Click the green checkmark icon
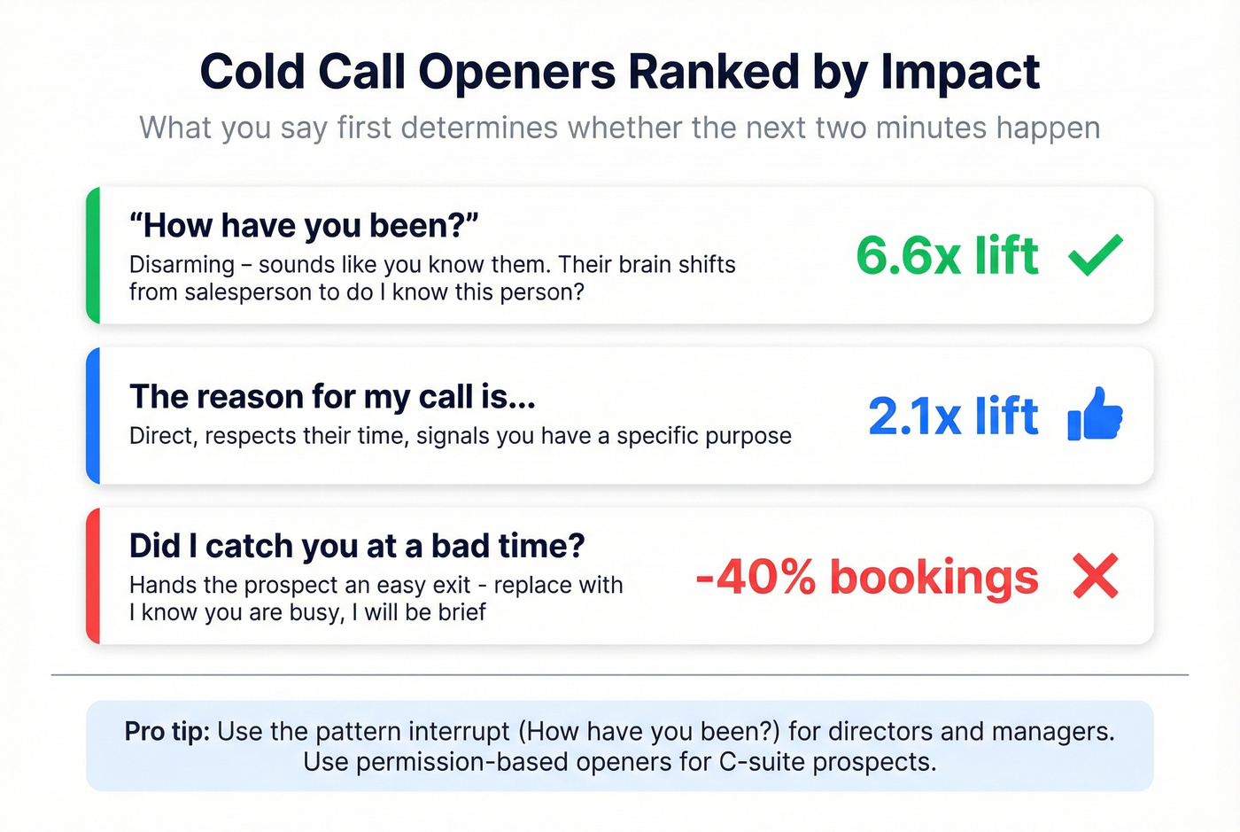click(1096, 255)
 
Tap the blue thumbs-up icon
click(1096, 415)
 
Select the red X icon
click(1096, 576)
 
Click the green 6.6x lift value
click(946, 255)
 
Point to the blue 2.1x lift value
click(953, 416)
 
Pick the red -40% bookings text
click(866, 577)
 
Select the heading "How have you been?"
click(304, 226)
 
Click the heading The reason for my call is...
click(332, 397)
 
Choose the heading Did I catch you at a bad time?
click(357, 546)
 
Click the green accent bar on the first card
click(93, 255)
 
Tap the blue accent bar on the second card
click(93, 416)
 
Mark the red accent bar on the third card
click(93, 576)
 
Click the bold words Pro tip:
click(167, 732)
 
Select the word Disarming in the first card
click(182, 265)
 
